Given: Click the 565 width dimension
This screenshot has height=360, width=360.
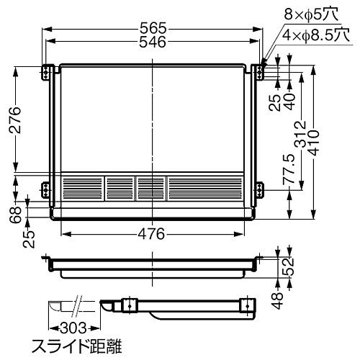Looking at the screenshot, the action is (x=153, y=28).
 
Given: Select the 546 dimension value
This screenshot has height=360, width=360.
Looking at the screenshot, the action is (x=153, y=42).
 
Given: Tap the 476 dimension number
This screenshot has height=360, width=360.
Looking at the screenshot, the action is (x=151, y=233).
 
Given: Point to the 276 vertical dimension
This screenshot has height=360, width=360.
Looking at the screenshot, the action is (x=15, y=120).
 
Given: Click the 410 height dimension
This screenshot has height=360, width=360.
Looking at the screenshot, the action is (x=314, y=143).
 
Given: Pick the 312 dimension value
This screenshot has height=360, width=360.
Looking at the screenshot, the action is (x=300, y=134).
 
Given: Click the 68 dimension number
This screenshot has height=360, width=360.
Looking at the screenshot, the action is (x=16, y=215).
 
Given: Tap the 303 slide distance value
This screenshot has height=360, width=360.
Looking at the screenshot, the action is (x=73, y=328).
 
